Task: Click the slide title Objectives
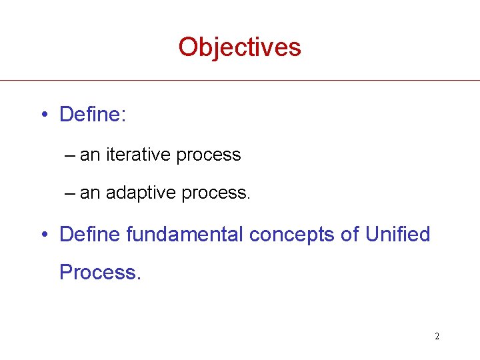point(239,47)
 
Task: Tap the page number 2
point(437,336)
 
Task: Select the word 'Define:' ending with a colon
point(93,115)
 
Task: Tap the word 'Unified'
point(398,235)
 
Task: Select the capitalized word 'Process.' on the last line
point(100,272)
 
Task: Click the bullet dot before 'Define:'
point(43,115)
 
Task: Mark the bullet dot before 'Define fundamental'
point(43,235)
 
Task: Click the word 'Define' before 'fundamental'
point(90,235)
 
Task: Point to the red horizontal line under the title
point(240,81)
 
